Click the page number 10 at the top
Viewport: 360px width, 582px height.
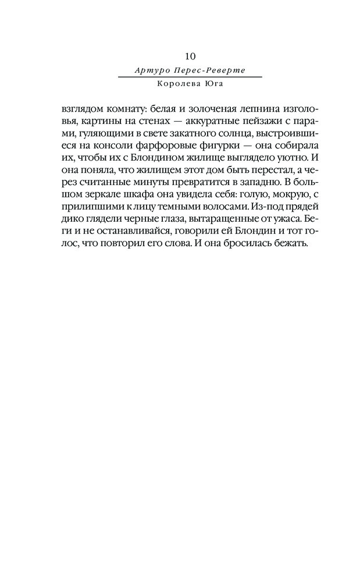(x=190, y=56)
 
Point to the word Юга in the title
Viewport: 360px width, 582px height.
(x=212, y=83)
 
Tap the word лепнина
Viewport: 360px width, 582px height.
(x=247, y=109)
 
